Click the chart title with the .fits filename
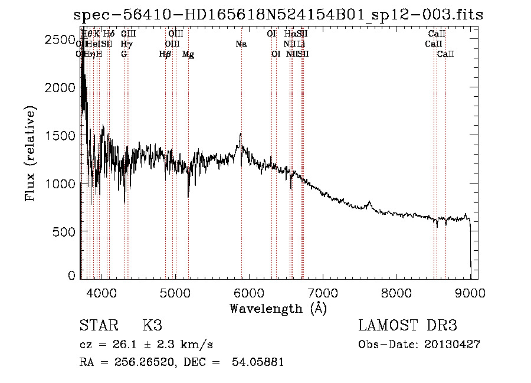[281, 15]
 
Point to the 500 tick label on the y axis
[65, 231]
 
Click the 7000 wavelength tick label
[322, 292]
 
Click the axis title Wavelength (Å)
[278, 308]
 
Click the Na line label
[241, 44]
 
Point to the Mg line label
[188, 54]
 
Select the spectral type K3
[152, 326]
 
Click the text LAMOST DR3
[408, 326]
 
